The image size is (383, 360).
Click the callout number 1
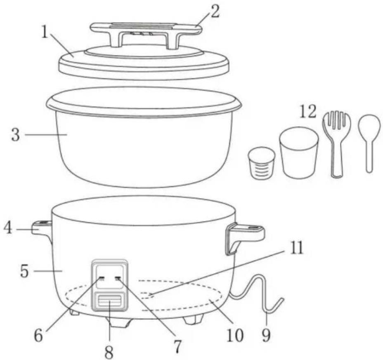[44, 32]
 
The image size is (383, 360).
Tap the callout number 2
[215, 11]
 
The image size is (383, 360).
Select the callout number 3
[16, 135]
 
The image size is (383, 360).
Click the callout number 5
[24, 271]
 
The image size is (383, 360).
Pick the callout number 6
[38, 336]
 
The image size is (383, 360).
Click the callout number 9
[266, 336]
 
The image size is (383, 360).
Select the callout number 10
[235, 335]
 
